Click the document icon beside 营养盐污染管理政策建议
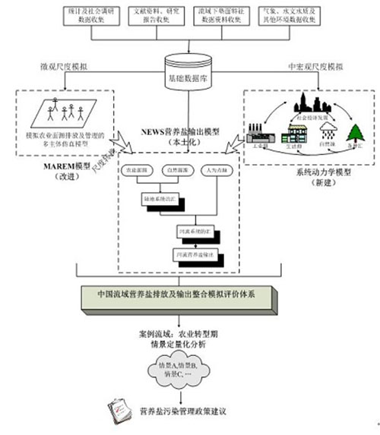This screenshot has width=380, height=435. coord(120,411)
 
